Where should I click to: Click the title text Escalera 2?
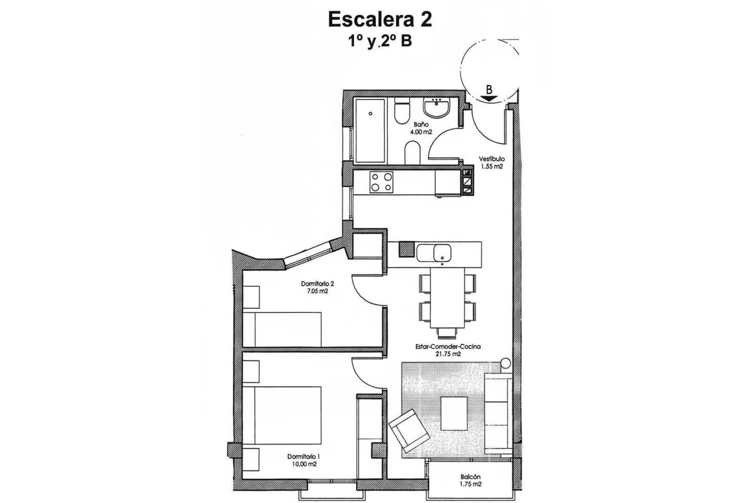(380, 20)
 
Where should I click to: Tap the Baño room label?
(413, 125)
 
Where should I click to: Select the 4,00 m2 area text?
(413, 132)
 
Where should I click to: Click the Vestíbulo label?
(491, 159)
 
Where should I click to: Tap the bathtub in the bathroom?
(371, 131)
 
